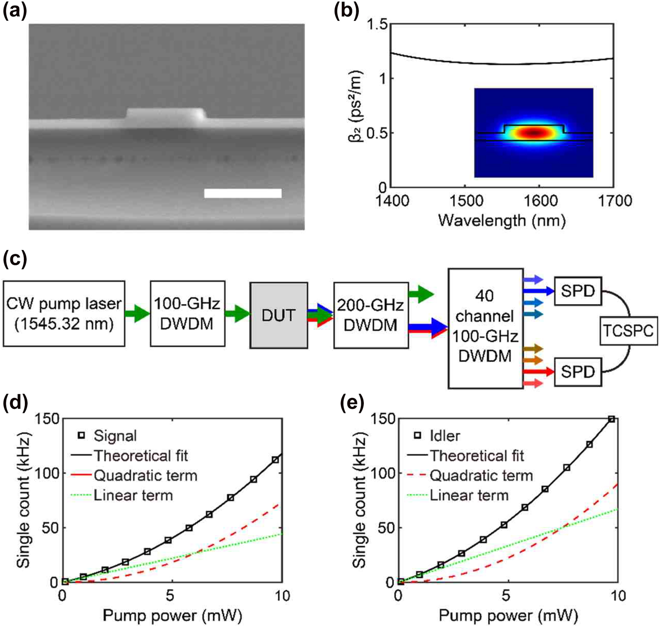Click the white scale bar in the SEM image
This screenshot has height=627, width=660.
click(x=243, y=193)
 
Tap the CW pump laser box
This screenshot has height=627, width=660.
click(x=64, y=313)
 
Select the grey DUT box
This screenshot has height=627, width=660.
click(x=278, y=315)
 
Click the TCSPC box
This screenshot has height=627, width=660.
click(x=628, y=330)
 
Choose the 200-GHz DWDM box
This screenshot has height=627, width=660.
click(x=370, y=315)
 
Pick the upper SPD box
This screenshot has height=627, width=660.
click(x=577, y=291)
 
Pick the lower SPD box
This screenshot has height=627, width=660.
click(x=577, y=372)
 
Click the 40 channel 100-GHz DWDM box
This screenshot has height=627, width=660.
click(x=485, y=328)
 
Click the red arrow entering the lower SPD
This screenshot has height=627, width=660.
click(x=539, y=371)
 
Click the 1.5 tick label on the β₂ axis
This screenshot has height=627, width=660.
click(x=376, y=24)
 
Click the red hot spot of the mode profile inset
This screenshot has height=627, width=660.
click(x=534, y=133)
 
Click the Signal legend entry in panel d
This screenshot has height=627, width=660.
click(x=115, y=436)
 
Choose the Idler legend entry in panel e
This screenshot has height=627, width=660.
click(x=444, y=436)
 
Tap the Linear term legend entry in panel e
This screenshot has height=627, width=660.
click(x=469, y=495)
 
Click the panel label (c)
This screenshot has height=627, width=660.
click(x=15, y=259)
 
